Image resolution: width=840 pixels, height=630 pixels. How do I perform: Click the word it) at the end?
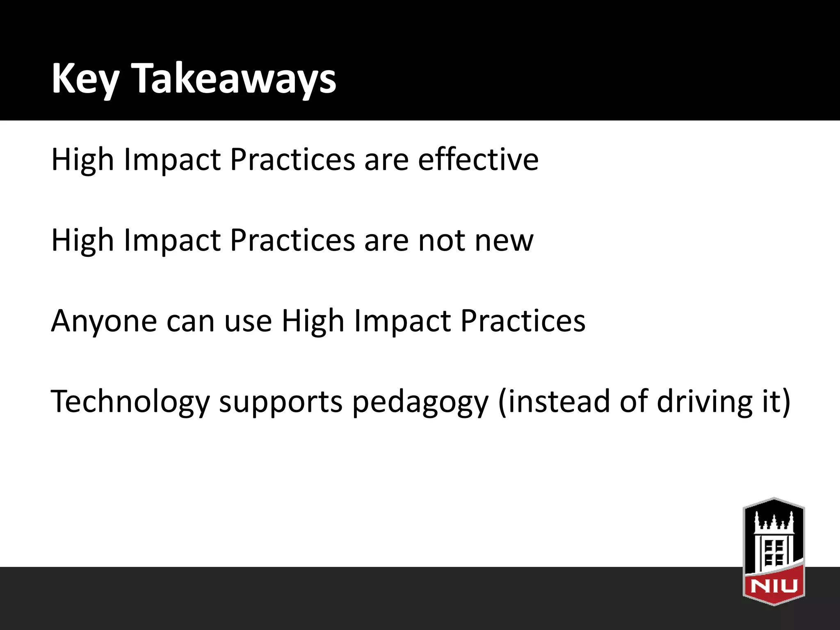[x=776, y=401]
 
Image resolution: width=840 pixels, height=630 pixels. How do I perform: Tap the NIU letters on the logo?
[x=774, y=586]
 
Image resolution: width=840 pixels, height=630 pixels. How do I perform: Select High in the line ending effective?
[x=82, y=160]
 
